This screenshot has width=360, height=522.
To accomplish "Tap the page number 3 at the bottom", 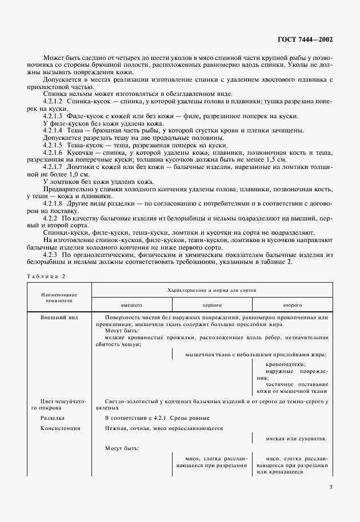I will [331, 487].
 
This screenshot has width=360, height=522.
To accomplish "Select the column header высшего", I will [131, 306].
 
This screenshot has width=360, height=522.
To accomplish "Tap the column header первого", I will [211, 306].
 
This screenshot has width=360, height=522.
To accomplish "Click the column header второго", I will [292, 306].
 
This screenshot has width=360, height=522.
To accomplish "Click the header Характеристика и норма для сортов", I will [211, 290].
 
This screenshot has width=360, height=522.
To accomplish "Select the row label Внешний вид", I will [56, 316].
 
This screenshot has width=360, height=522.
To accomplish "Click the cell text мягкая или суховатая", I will [296, 439].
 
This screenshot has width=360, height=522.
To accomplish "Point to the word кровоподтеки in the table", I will [285, 364].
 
